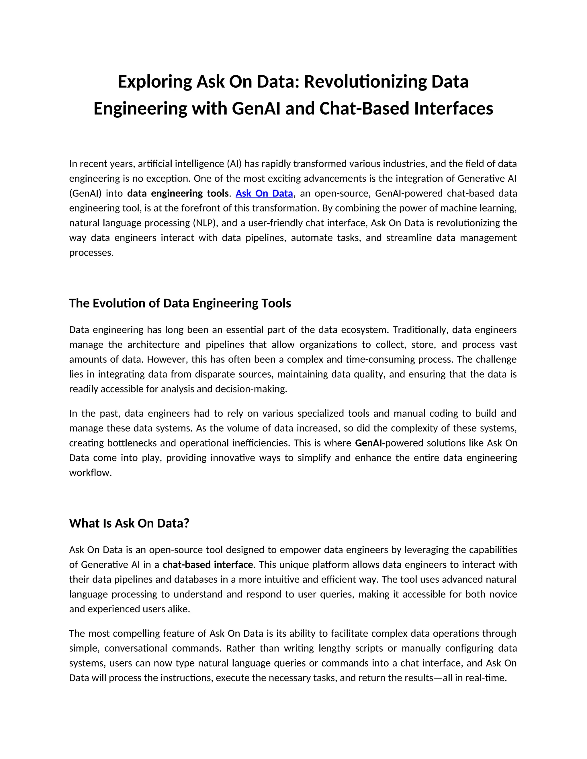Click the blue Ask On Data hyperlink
pos(264,193)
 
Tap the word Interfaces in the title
pos(453,109)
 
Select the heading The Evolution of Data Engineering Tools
pos(180,303)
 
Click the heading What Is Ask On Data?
pos(129,523)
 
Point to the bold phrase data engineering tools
pos(178,193)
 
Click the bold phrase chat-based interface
pos(208,565)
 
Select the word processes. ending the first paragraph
pos(91,253)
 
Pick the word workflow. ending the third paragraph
pos(90,473)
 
